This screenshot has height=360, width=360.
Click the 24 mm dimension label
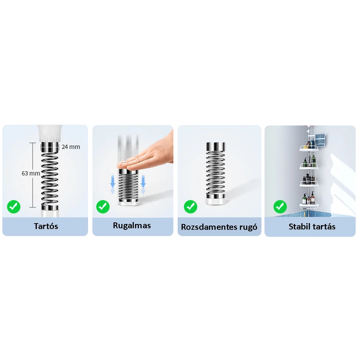71,147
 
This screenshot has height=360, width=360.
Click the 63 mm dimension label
31,173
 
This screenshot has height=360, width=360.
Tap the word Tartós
46,226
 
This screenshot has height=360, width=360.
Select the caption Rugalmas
132,226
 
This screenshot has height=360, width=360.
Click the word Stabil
299,227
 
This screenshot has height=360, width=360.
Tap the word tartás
324,227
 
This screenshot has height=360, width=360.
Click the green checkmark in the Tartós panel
14,207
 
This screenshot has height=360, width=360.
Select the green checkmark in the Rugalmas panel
103,207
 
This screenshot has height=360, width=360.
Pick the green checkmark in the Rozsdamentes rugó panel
190,207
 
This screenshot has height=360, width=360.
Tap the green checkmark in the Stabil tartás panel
280,207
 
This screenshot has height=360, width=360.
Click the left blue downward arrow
112,181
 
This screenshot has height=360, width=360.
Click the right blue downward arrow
143,181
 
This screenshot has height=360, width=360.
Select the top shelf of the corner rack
308,149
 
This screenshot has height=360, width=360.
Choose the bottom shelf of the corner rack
309,205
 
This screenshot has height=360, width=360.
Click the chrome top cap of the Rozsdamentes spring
216,146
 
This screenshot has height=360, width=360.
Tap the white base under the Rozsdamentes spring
216,201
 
